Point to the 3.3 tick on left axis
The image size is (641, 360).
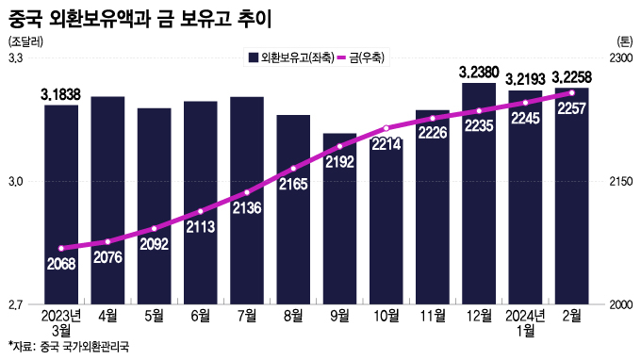16,58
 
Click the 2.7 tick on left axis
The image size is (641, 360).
16,304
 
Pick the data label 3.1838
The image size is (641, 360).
61,93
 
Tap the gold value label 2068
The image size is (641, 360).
61,263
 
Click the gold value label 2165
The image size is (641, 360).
293,186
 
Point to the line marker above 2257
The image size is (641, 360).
571,92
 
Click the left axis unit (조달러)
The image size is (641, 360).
25,41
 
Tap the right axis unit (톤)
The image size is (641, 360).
624,41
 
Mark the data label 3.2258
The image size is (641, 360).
571,76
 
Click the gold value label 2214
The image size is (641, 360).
386,144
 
